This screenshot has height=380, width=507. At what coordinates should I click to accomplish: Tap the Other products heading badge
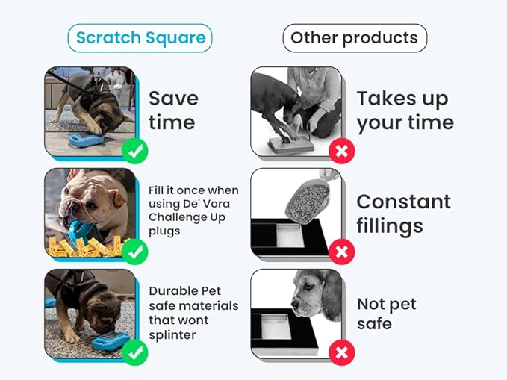coord(355,37)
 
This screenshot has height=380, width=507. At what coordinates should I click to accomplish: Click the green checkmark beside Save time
coord(135,152)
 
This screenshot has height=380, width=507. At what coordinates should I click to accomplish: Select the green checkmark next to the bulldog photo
coord(135,252)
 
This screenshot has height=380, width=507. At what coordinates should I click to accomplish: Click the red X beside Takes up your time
coord(342,152)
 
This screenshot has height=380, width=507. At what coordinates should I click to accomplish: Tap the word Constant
coord(403,202)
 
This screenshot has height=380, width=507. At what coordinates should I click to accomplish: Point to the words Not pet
coord(386,305)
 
